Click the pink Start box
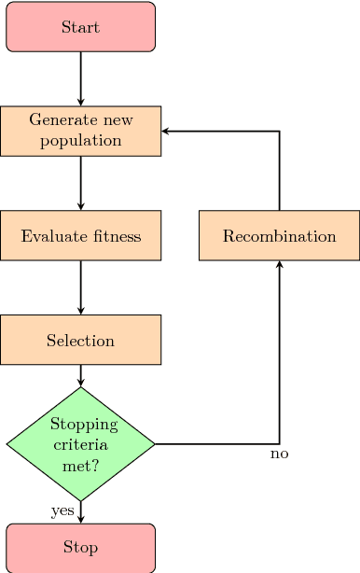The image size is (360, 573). pyautogui.click(x=80, y=26)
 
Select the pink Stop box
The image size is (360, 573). pyautogui.click(x=80, y=547)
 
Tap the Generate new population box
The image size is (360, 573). pyautogui.click(x=80, y=131)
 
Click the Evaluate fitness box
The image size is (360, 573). pyautogui.click(x=80, y=235)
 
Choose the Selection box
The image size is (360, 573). pyautogui.click(x=80, y=340)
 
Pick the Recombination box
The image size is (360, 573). pyautogui.click(x=279, y=235)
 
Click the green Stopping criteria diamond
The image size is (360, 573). pyautogui.click(x=80, y=444)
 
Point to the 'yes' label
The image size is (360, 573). pyautogui.click(x=62, y=510)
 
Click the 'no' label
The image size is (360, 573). pyautogui.click(x=279, y=454)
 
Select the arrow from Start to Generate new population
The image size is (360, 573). pyautogui.click(x=80, y=78)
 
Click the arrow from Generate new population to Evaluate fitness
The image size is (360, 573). pyautogui.click(x=80, y=183)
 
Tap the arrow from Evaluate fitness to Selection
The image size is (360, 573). pyautogui.click(x=80, y=287)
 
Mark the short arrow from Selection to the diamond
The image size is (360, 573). pyautogui.click(x=80, y=375)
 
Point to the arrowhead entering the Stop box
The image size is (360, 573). pyautogui.click(x=80, y=519)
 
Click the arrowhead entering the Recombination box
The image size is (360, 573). pyautogui.click(x=279, y=265)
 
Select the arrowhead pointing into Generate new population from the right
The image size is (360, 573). pyautogui.click(x=166, y=132)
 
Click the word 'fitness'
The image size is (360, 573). pyautogui.click(x=117, y=236)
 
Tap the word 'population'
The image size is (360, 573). pyautogui.click(x=80, y=141)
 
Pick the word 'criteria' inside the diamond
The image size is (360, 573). pyautogui.click(x=80, y=444)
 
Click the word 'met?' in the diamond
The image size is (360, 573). pyautogui.click(x=80, y=464)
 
